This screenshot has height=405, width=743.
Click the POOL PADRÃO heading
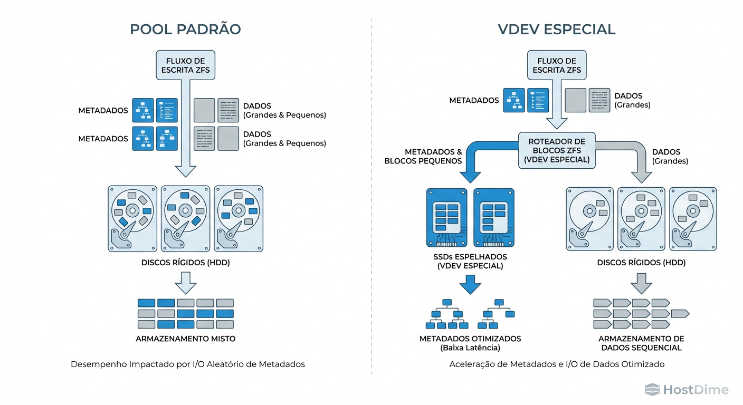[185, 29]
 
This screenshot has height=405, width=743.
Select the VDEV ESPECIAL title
[557, 29]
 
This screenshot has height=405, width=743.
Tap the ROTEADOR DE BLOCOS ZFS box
[557, 150]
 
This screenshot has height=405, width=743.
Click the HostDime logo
[687, 390]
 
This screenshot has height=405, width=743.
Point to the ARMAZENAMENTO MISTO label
[185, 339]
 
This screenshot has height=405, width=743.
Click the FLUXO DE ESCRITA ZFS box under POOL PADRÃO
[185, 65]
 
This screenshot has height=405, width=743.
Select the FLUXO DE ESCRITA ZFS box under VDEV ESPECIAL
[557, 65]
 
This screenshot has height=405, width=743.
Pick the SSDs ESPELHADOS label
[470, 262]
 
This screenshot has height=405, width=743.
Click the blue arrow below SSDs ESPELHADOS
[470, 285]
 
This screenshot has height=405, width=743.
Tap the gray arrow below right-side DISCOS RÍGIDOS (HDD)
[641, 283]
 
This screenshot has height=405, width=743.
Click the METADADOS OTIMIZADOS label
[470, 339]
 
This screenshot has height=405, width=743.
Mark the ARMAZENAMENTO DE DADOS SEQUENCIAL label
[641, 343]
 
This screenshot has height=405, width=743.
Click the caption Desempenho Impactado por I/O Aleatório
[187, 364]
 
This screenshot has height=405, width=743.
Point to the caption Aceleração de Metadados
[557, 364]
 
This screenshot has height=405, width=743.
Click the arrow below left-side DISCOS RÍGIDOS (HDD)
[185, 283]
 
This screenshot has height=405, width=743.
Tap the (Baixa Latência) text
[470, 348]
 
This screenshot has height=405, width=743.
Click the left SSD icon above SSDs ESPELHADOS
[446, 217]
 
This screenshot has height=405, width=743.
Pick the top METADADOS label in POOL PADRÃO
[103, 111]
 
